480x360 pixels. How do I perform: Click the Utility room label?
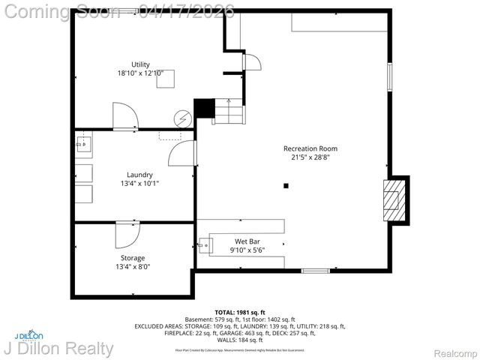pos(140,64)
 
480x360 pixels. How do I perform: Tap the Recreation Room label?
pos(310,148)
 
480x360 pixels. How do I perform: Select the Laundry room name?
pos(139,174)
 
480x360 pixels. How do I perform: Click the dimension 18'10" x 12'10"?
pos(140,73)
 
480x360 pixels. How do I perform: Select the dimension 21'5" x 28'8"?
pos(310,157)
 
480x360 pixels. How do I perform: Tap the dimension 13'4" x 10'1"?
pos(139,184)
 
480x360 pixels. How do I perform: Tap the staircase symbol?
pos(228,112)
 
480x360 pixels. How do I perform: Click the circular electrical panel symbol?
pos(183,118)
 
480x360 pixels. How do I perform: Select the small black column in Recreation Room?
pos(286,185)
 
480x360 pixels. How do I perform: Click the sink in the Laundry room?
pos(82,143)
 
